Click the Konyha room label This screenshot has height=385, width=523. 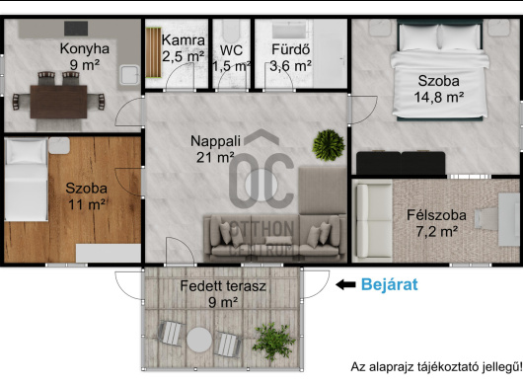pyautogui.click(x=85, y=56)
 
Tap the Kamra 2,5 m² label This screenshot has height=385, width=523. pyautogui.click(x=184, y=48)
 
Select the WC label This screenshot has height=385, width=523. pyautogui.click(x=231, y=50)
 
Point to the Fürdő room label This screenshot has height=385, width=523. pyautogui.click(x=291, y=57)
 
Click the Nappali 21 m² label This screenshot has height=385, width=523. pyautogui.click(x=215, y=149)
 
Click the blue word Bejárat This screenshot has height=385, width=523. pyautogui.click(x=389, y=284)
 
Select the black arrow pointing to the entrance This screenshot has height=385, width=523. pyautogui.click(x=345, y=284)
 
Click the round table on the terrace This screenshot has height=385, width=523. pyautogui.click(x=199, y=340)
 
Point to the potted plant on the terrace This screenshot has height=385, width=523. pyautogui.click(x=273, y=341)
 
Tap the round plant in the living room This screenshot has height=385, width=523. pyautogui.click(x=329, y=145)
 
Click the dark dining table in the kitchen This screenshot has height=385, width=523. pyautogui.click(x=58, y=102)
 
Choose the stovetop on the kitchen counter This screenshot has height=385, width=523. pyautogui.click(x=76, y=29)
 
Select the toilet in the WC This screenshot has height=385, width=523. pyautogui.click(x=231, y=31)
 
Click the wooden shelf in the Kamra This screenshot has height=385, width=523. pyautogui.click(x=153, y=52)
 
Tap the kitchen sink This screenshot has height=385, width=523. pyautogui.click(x=129, y=75)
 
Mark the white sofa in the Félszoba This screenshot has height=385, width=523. pyautogui.click(x=373, y=221)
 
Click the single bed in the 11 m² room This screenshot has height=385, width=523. pyautogui.click(x=27, y=180)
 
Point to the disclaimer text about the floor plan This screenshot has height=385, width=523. pyautogui.click(x=436, y=367)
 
